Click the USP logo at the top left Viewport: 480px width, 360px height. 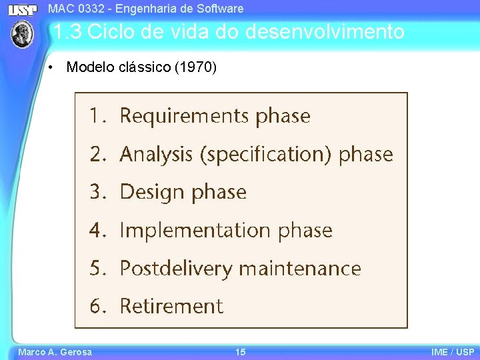23,9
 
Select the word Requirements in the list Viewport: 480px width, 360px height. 185,116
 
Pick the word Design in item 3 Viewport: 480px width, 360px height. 152,193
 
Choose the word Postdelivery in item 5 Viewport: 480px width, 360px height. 176,269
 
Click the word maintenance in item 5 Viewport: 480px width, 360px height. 300,269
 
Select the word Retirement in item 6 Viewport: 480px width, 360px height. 171,307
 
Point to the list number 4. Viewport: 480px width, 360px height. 97,231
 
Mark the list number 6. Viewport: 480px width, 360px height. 97,307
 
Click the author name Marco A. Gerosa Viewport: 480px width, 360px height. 55,352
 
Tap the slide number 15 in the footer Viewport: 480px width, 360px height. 240,352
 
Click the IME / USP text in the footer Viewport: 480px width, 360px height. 453,352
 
